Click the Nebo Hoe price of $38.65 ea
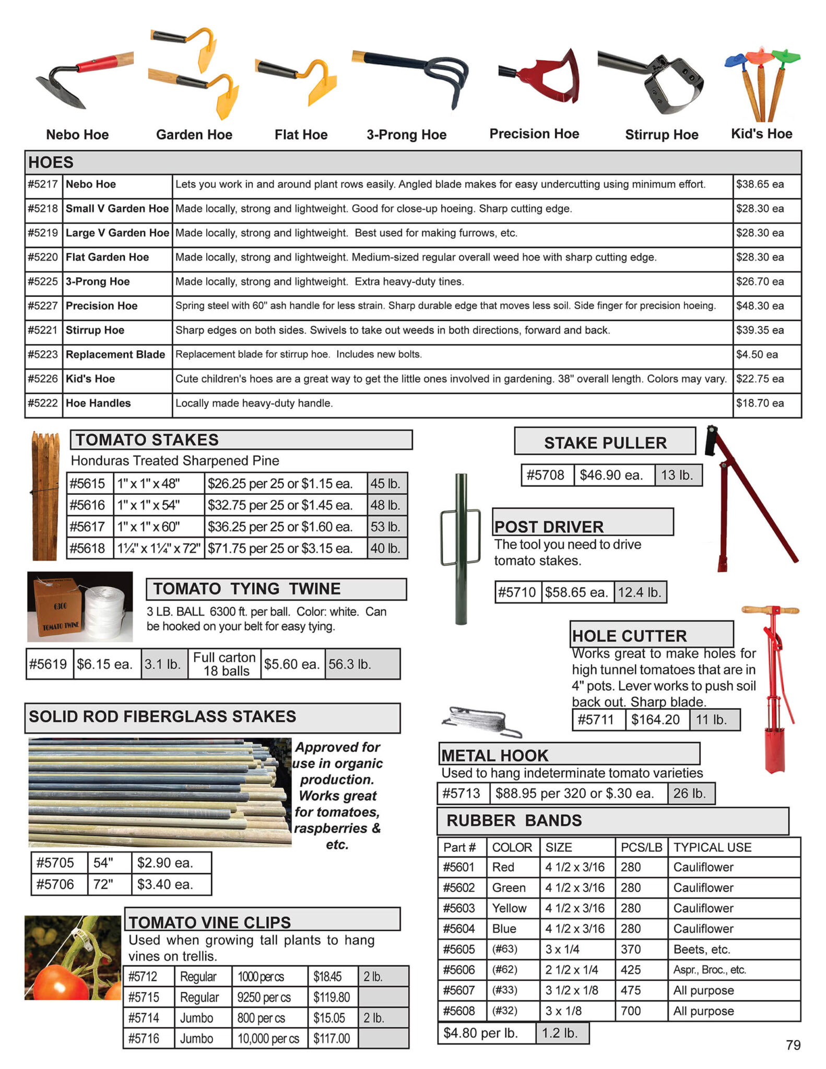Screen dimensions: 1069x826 [760, 184]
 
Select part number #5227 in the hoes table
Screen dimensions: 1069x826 [43, 306]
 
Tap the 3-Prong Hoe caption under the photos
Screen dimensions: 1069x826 [406, 135]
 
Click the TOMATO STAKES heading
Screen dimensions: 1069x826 [147, 440]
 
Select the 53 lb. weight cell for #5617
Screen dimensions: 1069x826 [385, 527]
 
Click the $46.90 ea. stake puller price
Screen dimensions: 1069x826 [610, 475]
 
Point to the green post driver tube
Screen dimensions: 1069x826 [461, 548]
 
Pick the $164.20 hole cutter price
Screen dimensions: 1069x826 [655, 720]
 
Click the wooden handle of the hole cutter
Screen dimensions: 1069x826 [770, 610]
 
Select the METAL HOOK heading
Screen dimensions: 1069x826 [495, 755]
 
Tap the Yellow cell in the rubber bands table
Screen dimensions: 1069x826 [509, 908]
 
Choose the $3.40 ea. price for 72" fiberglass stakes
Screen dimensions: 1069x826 [165, 884]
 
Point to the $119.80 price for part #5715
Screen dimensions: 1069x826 [332, 997]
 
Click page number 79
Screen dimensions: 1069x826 [793, 1045]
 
